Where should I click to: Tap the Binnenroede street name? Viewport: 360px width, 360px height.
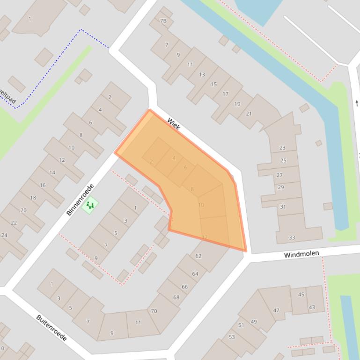pos(80,200)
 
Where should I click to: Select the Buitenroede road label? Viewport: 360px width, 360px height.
pos(51,328)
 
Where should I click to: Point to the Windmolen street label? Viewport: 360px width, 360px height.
pos(301,254)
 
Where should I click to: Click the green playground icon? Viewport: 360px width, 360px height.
pos(89,205)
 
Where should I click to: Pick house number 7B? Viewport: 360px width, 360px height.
pos(163,21)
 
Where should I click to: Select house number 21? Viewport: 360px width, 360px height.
pos(249,114)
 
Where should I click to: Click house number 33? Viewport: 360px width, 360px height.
pos(292,238)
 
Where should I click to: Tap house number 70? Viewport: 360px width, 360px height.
pos(154,311)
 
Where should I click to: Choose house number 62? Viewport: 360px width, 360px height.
pos(198,256)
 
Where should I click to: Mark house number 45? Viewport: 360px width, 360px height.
pos(301,295)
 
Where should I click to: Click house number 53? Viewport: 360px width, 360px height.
pos(232,337)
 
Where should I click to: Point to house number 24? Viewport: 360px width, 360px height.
pos(4,235)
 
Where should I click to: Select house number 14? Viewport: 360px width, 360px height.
pos(52,173)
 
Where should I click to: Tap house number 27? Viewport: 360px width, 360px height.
pos(279,175)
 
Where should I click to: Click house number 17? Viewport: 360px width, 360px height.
pos(225,94)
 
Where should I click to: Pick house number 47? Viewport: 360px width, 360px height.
pos(276,310)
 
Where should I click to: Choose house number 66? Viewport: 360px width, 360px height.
pos(184,287)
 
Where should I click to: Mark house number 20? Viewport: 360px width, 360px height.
pos(23,210)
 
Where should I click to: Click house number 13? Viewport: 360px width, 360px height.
pos(202,74)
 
